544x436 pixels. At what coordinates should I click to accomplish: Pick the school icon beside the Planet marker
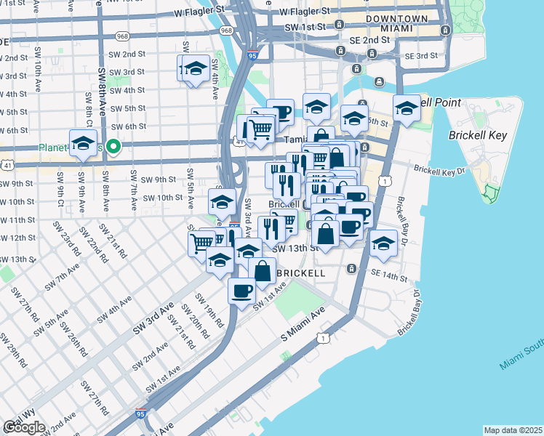tap(84, 142)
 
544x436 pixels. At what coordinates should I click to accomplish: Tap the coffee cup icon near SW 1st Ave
tap(242, 290)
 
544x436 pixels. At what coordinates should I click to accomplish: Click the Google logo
tap(24, 427)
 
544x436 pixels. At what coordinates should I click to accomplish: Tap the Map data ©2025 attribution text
tap(513, 430)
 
